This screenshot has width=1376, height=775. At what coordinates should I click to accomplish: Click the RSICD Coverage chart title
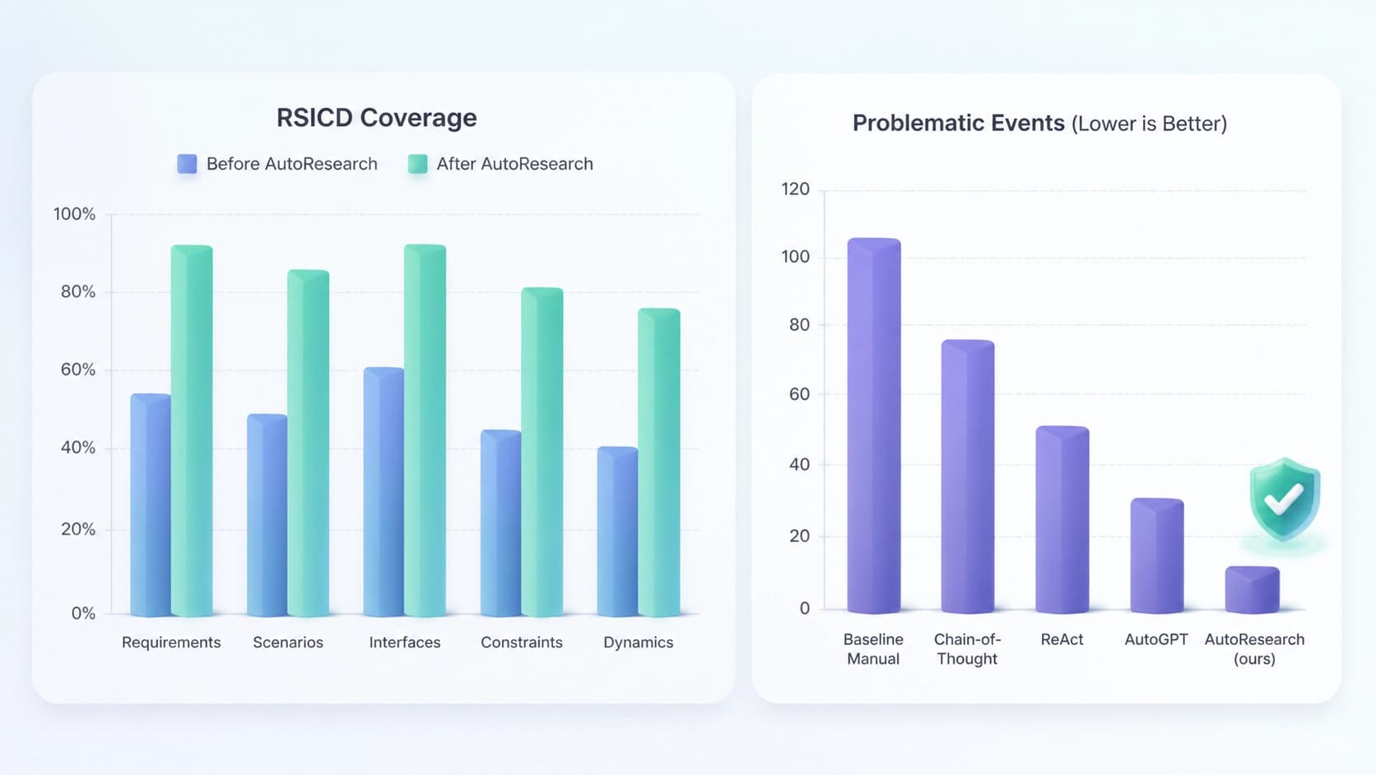pyautogui.click(x=377, y=118)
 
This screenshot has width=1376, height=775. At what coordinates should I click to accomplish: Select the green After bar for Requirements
pyautogui.click(x=192, y=430)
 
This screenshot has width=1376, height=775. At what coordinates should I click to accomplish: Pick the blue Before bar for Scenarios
pyautogui.click(x=267, y=515)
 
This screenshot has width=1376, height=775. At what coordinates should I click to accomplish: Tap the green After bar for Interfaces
pyautogui.click(x=425, y=430)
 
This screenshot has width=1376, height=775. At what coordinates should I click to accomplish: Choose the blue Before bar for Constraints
pyautogui.click(x=500, y=523)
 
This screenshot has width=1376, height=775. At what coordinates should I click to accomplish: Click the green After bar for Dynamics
pyautogui.click(x=659, y=462)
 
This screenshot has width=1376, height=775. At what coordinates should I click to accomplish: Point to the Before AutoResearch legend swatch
pyautogui.click(x=188, y=164)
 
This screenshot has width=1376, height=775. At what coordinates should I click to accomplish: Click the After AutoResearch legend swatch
pyautogui.click(x=418, y=164)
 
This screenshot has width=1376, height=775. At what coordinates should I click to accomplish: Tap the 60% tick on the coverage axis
pyautogui.click(x=78, y=369)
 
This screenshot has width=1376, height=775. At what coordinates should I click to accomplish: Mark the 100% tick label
pyautogui.click(x=74, y=214)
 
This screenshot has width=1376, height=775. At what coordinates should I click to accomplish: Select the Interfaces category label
pyautogui.click(x=405, y=642)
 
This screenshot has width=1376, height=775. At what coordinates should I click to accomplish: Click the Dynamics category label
pyautogui.click(x=639, y=642)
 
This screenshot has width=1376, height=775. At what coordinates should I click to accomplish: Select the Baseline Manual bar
pyautogui.click(x=874, y=425)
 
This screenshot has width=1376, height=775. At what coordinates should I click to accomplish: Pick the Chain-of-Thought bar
pyautogui.click(x=968, y=476)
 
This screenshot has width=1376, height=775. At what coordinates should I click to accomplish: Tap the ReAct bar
pyautogui.click(x=1062, y=520)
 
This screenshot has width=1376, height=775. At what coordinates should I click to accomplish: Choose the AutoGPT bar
pyautogui.click(x=1157, y=556)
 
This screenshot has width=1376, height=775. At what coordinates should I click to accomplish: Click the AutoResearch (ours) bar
pyautogui.click(x=1253, y=590)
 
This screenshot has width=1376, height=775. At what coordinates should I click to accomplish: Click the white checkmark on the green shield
pyautogui.click(x=1284, y=499)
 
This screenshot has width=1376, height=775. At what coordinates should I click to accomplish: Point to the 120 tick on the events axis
pyautogui.click(x=796, y=189)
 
